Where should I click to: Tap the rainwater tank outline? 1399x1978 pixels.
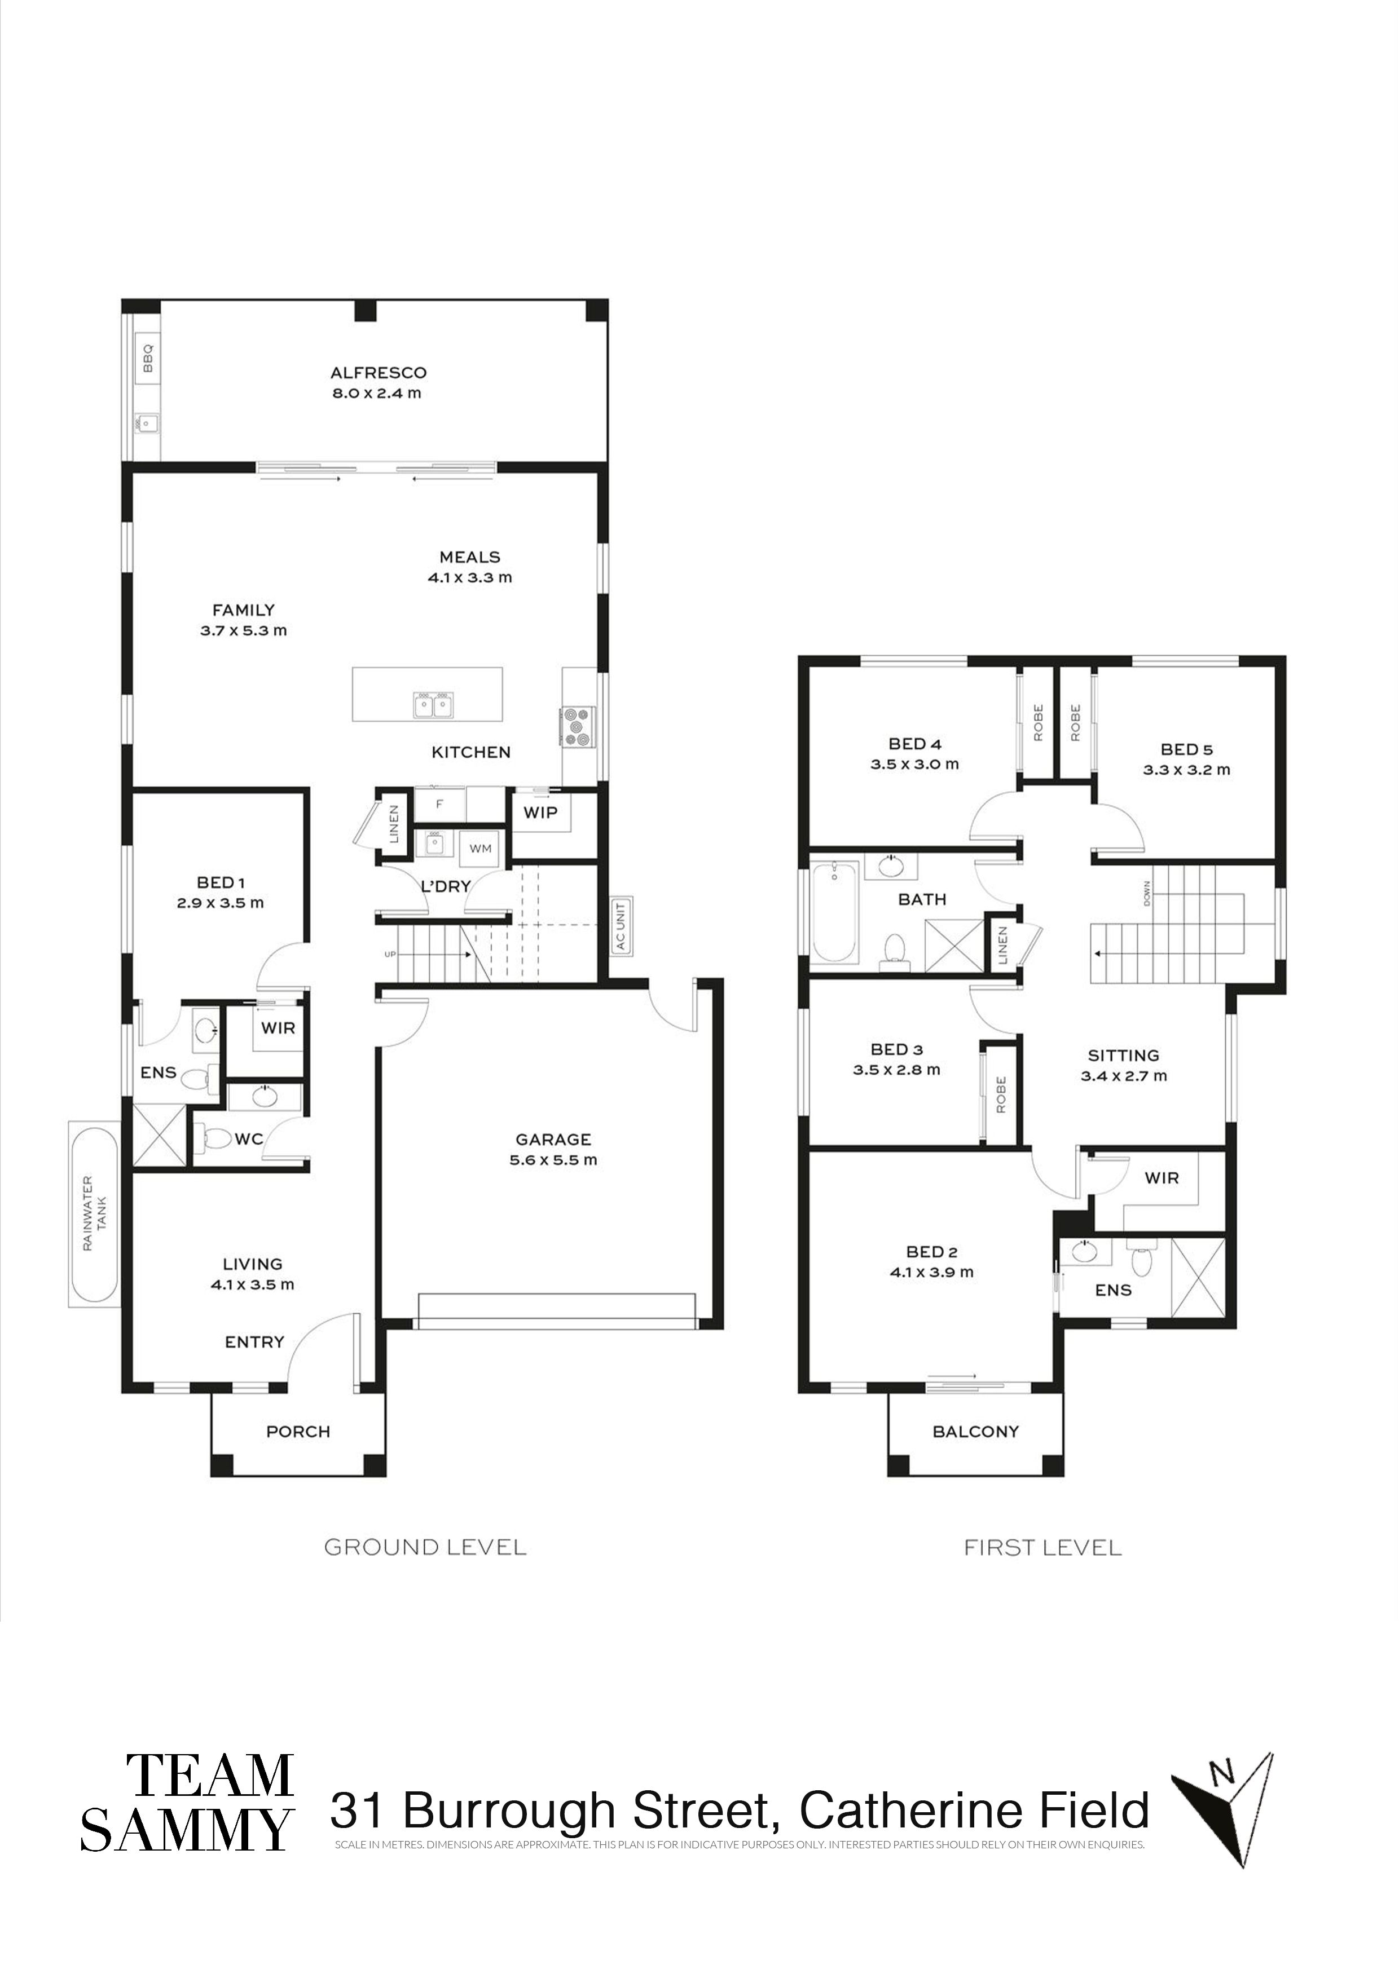pos(94,1214)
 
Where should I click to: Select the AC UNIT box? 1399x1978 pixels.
pos(619,926)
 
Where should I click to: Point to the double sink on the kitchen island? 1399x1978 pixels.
pos(434,705)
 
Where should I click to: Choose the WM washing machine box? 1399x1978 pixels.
pos(480,849)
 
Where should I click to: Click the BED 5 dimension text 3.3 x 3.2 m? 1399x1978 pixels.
pos(1186,770)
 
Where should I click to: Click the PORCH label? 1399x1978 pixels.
pos(298,1432)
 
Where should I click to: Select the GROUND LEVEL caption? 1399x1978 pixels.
pos(425,1547)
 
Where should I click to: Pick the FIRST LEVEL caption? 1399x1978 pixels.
pos(1042,1548)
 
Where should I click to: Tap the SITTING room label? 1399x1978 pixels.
pos(1123,1056)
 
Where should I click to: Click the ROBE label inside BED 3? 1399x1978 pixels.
pos(1001,1094)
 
